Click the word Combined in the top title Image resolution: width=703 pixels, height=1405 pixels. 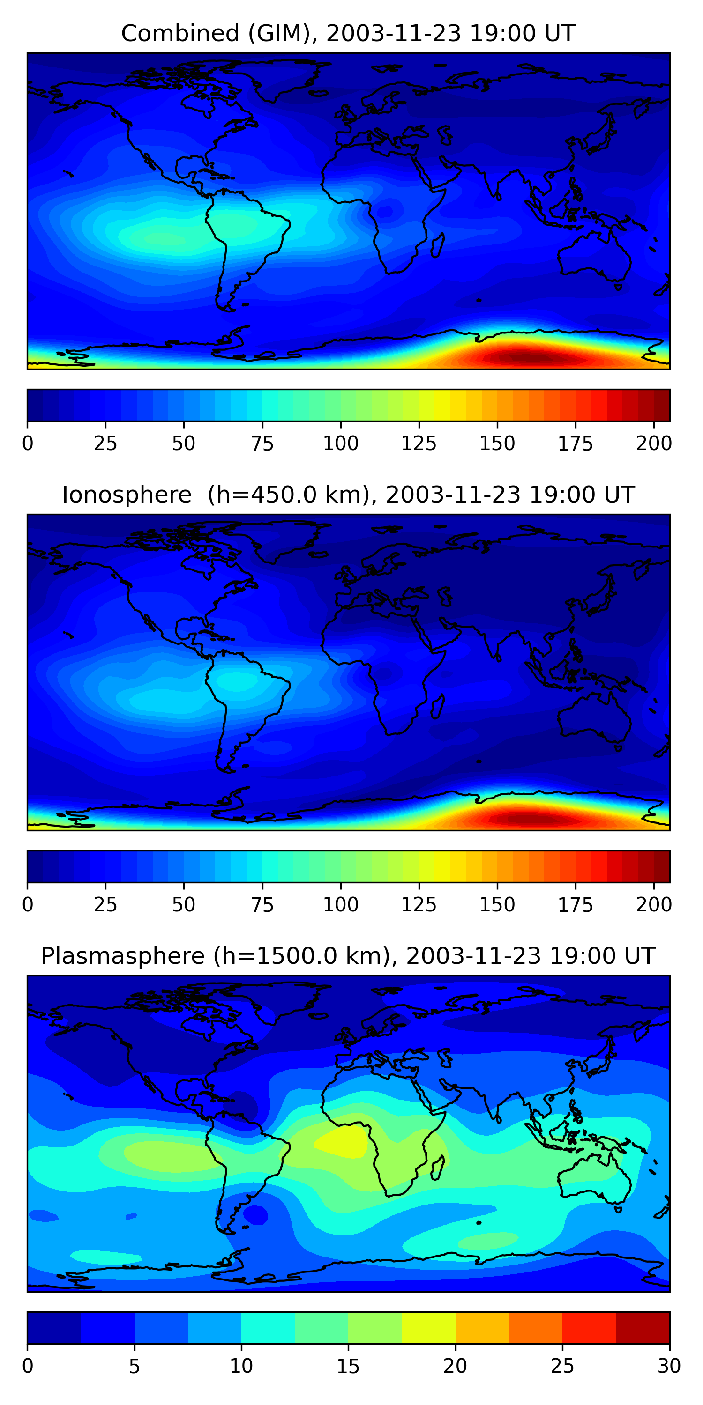[179, 34]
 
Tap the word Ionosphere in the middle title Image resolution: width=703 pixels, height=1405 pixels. [127, 495]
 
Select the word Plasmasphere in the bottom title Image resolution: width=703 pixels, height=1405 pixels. [122, 956]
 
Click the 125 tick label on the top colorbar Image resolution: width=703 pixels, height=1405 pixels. [419, 444]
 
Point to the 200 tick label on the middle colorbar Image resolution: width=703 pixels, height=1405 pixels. [653, 905]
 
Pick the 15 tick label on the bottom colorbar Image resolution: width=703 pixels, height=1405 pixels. [348, 1366]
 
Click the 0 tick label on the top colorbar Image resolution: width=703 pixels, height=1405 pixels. [28, 444]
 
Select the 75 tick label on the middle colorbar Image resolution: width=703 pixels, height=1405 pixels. [262, 905]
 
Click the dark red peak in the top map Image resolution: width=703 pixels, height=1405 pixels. [524, 358]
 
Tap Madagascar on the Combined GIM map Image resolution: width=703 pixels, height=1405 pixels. [438, 245]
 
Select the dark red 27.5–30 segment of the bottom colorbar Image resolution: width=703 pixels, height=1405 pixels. [643, 1328]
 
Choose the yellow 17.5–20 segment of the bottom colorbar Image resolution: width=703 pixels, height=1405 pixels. [428, 1328]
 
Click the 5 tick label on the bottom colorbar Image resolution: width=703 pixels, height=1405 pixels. [134, 1366]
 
